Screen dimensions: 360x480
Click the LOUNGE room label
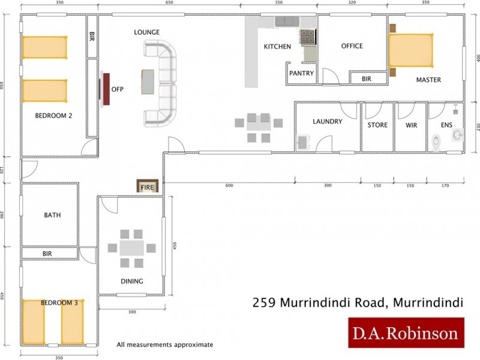(147, 32)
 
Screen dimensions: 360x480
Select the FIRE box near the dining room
(148, 187)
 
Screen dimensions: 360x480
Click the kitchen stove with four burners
(308, 37)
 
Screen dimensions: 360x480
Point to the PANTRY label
(301, 73)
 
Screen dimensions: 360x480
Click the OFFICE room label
(352, 46)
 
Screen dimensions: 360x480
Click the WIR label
(411, 125)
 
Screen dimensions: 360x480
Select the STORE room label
(377, 125)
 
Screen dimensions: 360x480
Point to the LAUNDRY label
(328, 122)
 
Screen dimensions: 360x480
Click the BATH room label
(52, 215)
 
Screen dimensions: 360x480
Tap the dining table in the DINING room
(131, 248)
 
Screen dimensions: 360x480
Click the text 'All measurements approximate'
(165, 345)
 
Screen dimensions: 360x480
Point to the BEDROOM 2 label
(53, 116)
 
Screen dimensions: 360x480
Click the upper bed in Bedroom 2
(44, 47)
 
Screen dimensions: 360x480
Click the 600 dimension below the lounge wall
(229, 185)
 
